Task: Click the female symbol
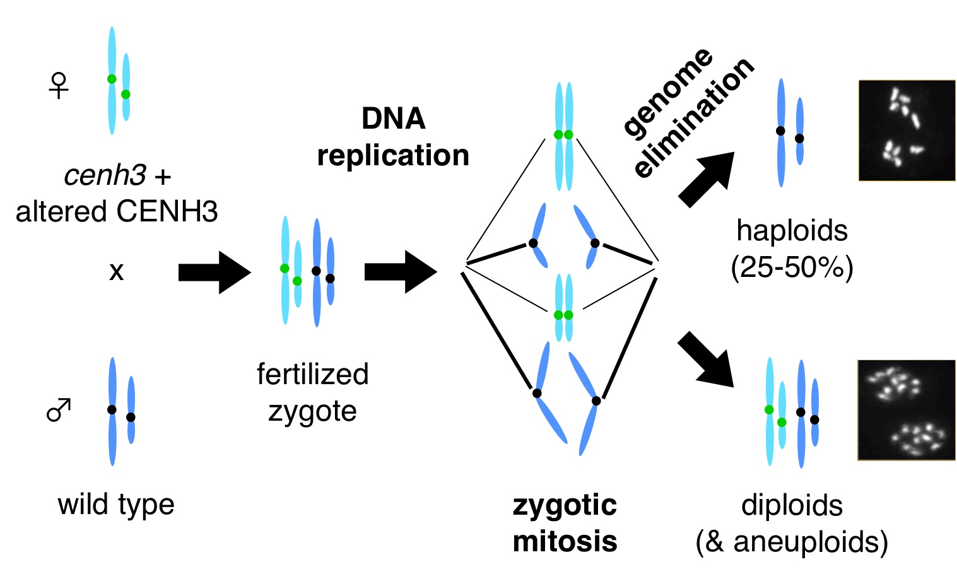click(59, 86)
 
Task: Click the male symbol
click(59, 410)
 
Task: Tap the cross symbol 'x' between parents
click(116, 272)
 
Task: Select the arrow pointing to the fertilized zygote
click(214, 272)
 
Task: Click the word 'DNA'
click(394, 119)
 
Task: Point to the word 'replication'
click(393, 156)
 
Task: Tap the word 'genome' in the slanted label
click(667, 91)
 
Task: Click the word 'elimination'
click(694, 117)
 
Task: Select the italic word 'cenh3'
click(105, 175)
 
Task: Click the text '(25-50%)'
click(792, 267)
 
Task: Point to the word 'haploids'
click(792, 231)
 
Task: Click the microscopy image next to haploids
click(907, 131)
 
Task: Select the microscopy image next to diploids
click(907, 409)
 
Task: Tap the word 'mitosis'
click(565, 541)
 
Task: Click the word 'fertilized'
click(313, 374)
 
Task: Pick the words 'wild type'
click(116, 505)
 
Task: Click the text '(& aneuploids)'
click(792, 542)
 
